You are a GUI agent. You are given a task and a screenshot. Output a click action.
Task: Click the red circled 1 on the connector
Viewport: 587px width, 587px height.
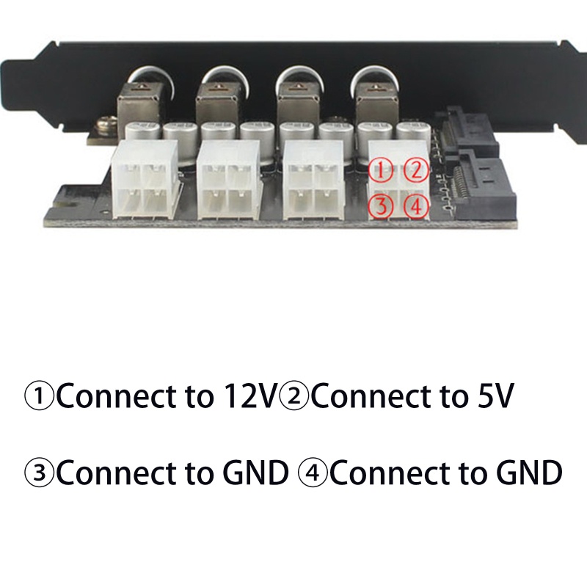click(x=382, y=170)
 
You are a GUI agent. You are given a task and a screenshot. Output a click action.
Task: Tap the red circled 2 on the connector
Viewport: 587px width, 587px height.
click(x=416, y=170)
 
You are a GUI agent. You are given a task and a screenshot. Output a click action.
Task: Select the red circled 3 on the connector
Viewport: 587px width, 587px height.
click(x=382, y=206)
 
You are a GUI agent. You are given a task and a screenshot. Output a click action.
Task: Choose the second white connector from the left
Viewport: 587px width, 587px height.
click(x=227, y=181)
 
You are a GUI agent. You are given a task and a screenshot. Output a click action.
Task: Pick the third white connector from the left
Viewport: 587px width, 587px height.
click(x=313, y=181)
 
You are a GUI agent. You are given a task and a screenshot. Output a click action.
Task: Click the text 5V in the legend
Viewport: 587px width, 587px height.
click(x=489, y=397)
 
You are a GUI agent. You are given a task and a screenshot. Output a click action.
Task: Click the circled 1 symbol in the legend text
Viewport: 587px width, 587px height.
click(x=40, y=397)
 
